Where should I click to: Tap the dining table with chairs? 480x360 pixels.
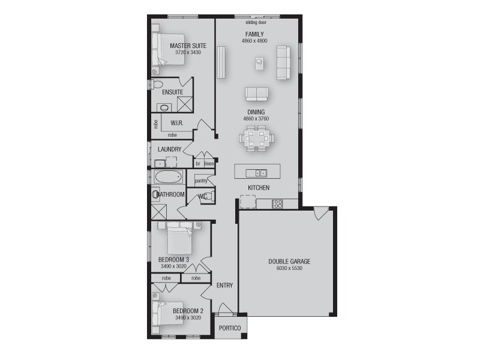(x=257, y=139)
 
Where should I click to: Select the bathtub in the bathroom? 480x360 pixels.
(x=167, y=178)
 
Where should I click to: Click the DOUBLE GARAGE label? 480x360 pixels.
(x=289, y=262)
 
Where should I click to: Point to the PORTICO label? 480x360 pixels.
(x=229, y=328)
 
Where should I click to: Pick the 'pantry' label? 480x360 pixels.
(x=201, y=180)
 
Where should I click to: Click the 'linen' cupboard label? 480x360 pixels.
(x=209, y=163)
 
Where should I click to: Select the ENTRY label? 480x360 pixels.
(x=224, y=286)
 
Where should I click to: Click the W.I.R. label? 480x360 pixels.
(x=176, y=123)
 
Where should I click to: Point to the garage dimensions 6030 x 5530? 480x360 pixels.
(x=289, y=269)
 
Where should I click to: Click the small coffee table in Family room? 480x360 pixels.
(x=259, y=61)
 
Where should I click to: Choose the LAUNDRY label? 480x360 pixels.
(x=169, y=149)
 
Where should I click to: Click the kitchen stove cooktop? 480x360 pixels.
(x=277, y=205)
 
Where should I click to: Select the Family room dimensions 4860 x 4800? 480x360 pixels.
(x=255, y=41)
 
